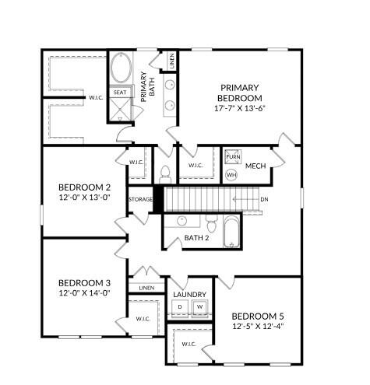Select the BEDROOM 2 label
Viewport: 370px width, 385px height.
point(85,187)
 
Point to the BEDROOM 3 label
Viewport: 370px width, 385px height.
point(85,282)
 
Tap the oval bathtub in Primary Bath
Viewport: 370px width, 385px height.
point(121,70)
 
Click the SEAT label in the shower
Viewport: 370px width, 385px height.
point(120,93)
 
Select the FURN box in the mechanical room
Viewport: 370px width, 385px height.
point(232,157)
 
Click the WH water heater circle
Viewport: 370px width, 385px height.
point(231,175)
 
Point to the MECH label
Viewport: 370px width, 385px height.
point(256,166)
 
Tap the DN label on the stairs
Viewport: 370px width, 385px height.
point(265,200)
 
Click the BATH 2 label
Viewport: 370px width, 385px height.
point(197,238)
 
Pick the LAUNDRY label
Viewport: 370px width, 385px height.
point(189,294)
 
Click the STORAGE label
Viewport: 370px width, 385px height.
point(141,199)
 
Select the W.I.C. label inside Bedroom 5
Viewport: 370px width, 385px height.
point(189,343)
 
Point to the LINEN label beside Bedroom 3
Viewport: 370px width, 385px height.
point(146,288)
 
